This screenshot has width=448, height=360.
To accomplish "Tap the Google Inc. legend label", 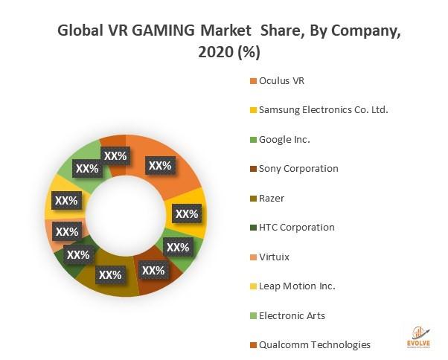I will (284, 139).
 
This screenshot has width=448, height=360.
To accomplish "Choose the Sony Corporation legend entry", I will (298, 168).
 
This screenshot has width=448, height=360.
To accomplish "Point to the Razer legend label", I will (271, 198).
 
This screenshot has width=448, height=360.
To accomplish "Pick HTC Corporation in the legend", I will (296, 227).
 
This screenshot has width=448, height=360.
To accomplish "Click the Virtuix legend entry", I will (274, 257).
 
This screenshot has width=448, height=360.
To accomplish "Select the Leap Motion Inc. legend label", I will (297, 286).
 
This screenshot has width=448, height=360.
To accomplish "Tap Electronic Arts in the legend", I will (292, 315).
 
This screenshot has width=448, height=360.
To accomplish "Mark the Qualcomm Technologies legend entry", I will (313, 344).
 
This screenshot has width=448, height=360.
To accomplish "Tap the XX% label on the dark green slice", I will (77, 254).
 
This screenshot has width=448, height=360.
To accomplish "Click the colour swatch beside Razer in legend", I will (253, 198).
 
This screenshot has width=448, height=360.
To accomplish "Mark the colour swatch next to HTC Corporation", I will (253, 227).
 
